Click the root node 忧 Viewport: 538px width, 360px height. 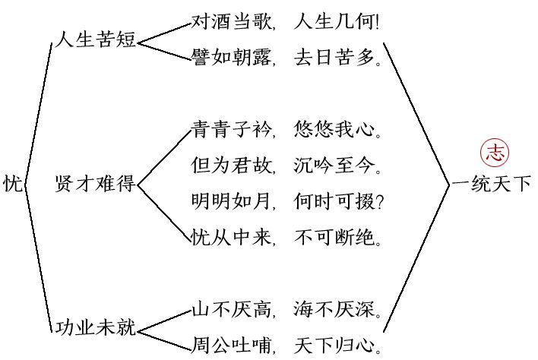click(x=12, y=183)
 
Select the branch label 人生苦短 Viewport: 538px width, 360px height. click(x=95, y=40)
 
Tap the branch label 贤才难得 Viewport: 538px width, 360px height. click(x=95, y=183)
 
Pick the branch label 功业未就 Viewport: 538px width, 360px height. click(x=95, y=328)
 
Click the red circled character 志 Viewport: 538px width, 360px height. click(x=495, y=151)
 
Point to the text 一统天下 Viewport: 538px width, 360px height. click(x=491, y=183)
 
